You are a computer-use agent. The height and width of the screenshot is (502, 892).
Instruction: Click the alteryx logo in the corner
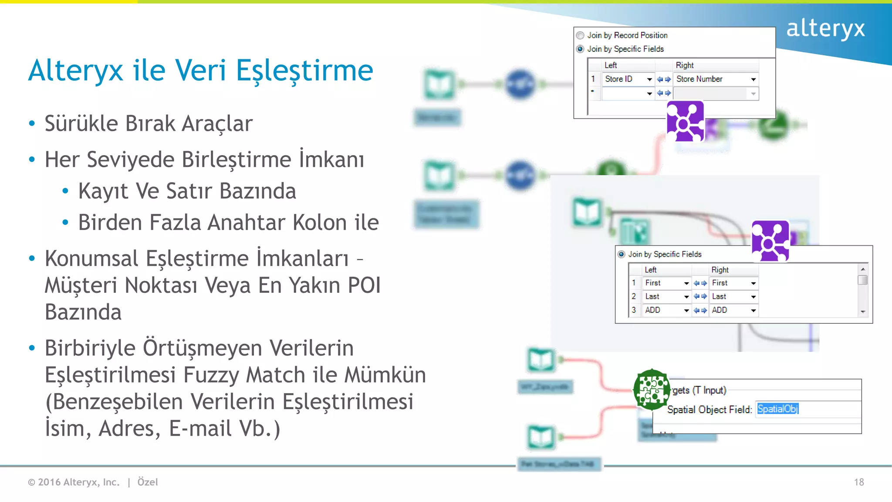click(825, 29)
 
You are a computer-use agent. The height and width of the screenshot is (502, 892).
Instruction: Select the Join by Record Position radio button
click(580, 35)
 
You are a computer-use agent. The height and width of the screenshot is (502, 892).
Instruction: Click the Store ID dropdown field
click(627, 79)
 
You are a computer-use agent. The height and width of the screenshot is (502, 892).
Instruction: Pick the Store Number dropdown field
click(714, 79)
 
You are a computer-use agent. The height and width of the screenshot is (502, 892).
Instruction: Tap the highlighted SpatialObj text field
click(778, 409)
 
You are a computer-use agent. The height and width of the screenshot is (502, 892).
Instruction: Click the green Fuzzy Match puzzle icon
click(652, 389)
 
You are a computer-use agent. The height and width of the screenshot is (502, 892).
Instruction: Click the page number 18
click(858, 482)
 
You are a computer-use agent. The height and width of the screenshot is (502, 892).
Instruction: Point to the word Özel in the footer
click(148, 482)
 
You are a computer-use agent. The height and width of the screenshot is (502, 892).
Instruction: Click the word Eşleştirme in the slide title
click(304, 71)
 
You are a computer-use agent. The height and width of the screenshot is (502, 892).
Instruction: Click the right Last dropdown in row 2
click(733, 297)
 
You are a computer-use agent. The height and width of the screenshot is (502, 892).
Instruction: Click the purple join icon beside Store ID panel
click(685, 122)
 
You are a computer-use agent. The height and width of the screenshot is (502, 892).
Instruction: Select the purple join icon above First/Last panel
click(770, 241)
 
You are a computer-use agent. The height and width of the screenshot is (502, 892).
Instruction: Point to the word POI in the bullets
click(364, 285)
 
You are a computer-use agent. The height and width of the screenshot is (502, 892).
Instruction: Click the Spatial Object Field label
click(709, 410)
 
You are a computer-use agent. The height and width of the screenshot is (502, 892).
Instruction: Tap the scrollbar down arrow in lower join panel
click(862, 312)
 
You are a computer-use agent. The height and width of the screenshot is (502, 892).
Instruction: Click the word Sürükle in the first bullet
click(81, 124)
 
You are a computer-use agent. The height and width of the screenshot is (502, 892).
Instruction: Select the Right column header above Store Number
click(685, 65)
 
